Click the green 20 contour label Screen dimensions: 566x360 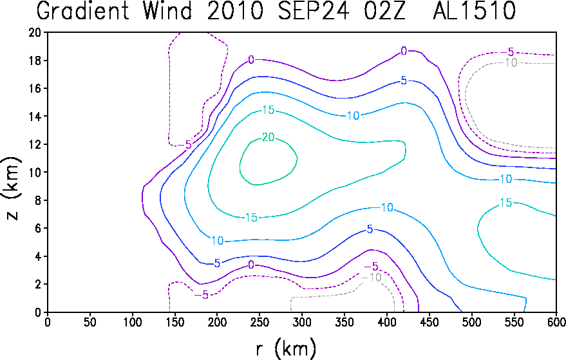point(269,137)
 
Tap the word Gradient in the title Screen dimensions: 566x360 point(83,10)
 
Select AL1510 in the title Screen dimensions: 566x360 point(475,10)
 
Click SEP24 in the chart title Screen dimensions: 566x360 point(313,10)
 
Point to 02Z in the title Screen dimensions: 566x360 point(385,10)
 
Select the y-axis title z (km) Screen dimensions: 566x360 point(12,188)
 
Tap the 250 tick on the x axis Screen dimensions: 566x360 point(259,322)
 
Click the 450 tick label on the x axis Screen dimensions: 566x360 point(429,322)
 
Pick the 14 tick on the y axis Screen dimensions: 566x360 point(35,117)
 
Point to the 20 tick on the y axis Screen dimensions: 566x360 point(35,32)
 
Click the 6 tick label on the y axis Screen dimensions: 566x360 point(38,228)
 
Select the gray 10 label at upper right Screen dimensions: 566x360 point(511,63)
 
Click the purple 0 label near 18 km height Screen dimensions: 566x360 point(251,60)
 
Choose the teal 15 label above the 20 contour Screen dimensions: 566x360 point(269,109)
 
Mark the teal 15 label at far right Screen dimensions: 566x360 point(505,203)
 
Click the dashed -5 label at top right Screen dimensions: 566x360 point(508,52)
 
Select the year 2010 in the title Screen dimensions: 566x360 point(234,10)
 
